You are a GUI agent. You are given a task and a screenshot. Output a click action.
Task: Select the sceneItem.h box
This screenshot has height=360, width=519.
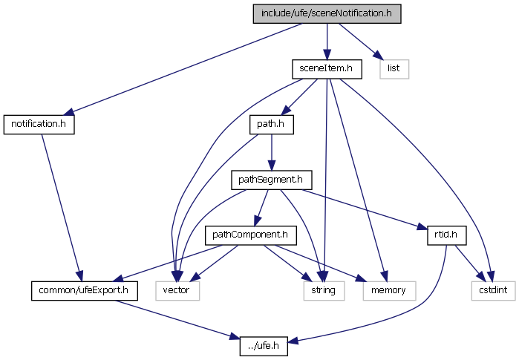(x=326, y=68)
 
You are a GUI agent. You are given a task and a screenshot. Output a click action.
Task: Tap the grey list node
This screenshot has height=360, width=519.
(x=394, y=68)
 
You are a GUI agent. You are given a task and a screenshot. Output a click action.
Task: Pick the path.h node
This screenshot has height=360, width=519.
(x=271, y=124)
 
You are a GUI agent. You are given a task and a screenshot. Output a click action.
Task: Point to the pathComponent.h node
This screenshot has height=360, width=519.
(x=250, y=235)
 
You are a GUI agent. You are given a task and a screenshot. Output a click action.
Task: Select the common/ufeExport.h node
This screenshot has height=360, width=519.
(x=85, y=289)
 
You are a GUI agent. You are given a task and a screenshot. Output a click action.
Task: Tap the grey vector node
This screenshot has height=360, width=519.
(x=177, y=289)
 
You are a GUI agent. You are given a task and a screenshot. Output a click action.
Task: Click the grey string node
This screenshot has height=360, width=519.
(x=324, y=289)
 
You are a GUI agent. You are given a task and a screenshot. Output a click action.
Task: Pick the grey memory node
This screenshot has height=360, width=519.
(x=384, y=289)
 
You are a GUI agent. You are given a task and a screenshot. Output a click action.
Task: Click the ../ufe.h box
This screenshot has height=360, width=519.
(x=264, y=345)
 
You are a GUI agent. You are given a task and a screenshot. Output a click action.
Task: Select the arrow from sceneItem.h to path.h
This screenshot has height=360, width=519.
(x=300, y=95)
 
